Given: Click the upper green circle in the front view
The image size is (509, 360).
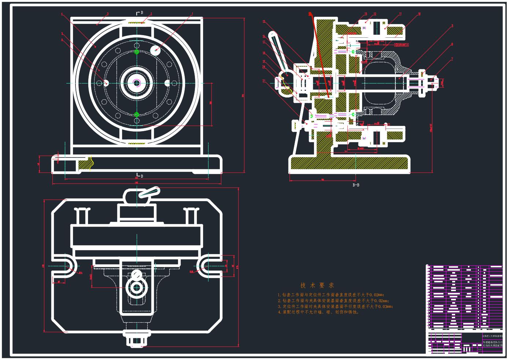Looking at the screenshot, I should [x=137, y=52].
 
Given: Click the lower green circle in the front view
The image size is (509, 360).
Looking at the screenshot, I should [x=137, y=115].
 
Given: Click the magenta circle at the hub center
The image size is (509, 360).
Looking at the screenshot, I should [x=137, y=83].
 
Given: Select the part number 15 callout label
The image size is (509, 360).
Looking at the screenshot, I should [x=263, y=22].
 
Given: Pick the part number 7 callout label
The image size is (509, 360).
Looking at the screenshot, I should [x=452, y=59].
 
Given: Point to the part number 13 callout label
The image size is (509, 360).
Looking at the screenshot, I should [x=365, y=14].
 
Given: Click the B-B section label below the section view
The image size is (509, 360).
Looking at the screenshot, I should [x=356, y=185].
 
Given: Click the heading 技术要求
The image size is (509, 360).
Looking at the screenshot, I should [x=317, y=285].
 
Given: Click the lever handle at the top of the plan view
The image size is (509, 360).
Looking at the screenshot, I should [x=150, y=192].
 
